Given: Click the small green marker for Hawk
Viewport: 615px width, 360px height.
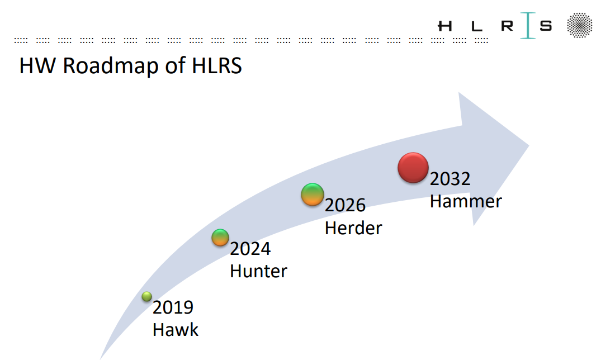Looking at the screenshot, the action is pos(146,296).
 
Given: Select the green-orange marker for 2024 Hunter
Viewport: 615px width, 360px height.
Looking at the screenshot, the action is pos(220,237).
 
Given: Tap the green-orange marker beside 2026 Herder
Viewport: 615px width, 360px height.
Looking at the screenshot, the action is pos(312,194).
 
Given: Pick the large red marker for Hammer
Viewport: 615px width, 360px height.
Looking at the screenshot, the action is pos(413,168).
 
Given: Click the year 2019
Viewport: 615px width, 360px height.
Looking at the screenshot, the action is pos(173,307).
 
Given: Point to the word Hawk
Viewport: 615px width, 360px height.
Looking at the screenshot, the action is pos(176,330).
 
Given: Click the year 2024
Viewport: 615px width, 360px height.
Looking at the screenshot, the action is pos(250,249).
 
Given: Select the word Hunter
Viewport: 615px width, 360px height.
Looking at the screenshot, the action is pos(258,271).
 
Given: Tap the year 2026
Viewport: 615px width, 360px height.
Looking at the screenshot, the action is pos(345,206).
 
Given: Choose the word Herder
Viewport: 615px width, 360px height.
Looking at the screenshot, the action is pos(353,228).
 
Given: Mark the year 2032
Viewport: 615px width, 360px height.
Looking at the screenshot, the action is pos(450,179).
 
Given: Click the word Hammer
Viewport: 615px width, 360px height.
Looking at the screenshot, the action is pos(466,202).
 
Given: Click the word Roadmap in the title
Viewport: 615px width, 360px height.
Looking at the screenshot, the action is pos(111,65).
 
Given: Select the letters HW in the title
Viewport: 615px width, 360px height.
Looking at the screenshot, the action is pos(37,65).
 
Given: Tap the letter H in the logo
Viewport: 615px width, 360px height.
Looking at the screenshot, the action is pos(445,26).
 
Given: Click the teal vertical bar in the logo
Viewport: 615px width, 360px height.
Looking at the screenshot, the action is pos(528,26).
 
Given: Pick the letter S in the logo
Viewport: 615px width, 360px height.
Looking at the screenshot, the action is pos(546,26).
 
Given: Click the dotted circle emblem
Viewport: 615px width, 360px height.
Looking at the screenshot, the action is pos(579,25).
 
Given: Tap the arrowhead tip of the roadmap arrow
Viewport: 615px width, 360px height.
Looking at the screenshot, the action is pos(529,145).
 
